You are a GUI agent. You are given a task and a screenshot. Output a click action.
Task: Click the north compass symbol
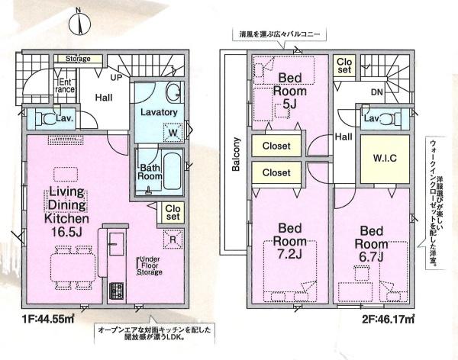[x=82, y=22]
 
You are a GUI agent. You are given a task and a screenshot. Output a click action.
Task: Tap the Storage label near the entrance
[x=78, y=59]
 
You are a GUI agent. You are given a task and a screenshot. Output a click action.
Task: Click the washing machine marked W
[x=173, y=133]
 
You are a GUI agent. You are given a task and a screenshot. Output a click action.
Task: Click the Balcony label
[x=237, y=156]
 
